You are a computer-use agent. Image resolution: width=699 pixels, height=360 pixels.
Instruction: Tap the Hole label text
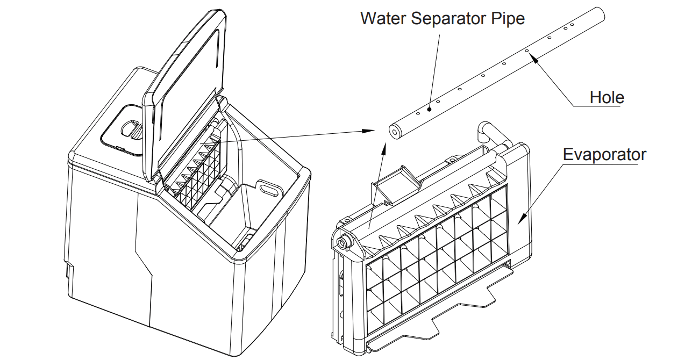607,98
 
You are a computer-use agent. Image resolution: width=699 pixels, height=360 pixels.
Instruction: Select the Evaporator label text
604,155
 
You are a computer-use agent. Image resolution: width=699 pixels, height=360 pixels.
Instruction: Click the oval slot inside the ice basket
269,189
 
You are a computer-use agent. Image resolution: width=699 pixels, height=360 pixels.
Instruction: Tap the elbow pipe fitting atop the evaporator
487,130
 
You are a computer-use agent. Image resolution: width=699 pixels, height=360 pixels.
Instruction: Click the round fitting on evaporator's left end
342,242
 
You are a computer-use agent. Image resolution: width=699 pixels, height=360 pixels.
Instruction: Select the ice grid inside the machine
202,172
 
